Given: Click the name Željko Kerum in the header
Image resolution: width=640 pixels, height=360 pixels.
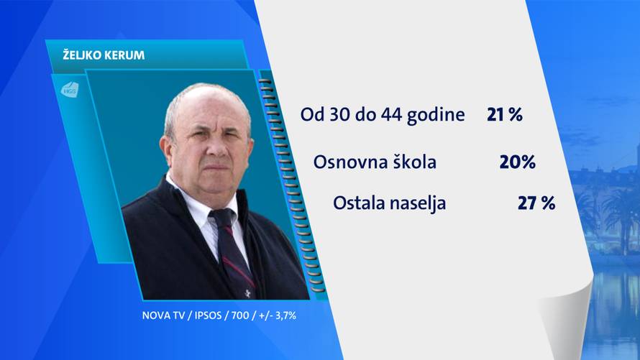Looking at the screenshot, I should click(94, 55).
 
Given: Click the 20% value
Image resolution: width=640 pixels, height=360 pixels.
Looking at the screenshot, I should click(517, 162).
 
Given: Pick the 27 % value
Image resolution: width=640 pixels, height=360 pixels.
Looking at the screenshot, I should click(536, 203).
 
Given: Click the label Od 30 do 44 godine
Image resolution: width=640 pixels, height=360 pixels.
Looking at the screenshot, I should click(383, 115).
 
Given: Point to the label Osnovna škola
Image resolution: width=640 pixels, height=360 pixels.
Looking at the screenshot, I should click(375, 162).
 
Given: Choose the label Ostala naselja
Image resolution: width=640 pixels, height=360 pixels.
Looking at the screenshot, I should click(389, 203).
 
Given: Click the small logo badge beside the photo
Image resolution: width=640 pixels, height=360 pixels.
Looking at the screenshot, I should click(70, 89).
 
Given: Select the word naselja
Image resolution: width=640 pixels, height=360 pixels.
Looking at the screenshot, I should click(416, 203).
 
